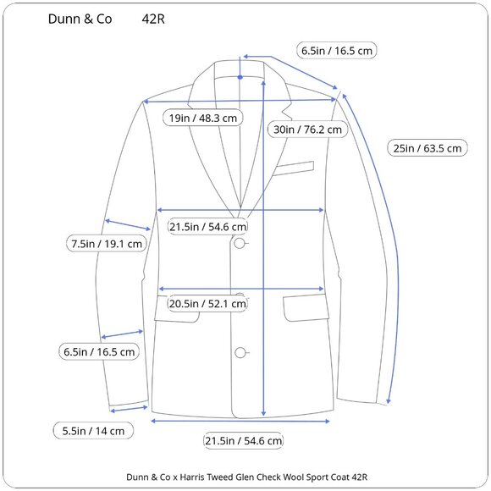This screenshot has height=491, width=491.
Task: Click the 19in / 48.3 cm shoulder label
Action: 203,118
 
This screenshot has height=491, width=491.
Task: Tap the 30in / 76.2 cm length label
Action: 307,130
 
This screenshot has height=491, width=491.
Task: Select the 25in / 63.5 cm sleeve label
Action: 428,148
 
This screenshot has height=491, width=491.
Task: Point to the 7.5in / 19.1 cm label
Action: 107,244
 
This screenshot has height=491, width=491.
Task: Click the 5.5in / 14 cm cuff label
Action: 93,431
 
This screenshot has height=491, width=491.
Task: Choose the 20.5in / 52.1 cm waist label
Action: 207,303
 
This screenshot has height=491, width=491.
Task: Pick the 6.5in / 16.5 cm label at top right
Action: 337,51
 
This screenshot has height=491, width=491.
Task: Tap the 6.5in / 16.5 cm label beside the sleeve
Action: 99,351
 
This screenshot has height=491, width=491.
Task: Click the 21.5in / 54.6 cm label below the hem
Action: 243,440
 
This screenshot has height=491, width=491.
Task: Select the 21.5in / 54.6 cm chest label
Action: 207,226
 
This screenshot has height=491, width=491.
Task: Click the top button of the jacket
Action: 240,243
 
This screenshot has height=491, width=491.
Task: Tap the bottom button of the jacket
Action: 240,353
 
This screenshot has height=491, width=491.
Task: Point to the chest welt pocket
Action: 294,168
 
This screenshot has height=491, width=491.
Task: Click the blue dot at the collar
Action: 240,77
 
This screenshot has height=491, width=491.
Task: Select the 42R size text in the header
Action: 153,19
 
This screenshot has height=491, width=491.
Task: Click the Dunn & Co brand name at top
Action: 80,19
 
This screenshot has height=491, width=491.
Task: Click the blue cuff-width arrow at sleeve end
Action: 129,409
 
